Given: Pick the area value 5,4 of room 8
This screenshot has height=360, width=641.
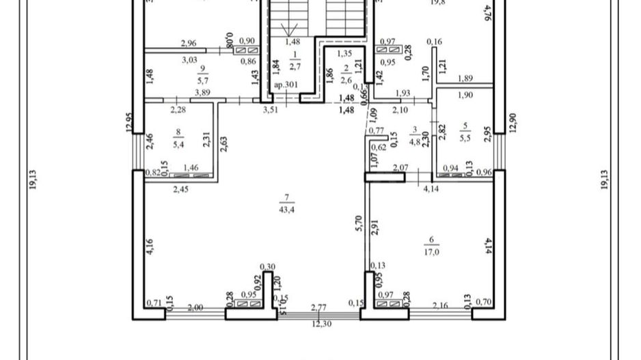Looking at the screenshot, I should click(178, 144).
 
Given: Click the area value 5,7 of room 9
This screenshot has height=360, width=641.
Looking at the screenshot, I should click(202, 79).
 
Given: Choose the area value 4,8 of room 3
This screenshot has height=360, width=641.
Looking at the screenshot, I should click(414, 143).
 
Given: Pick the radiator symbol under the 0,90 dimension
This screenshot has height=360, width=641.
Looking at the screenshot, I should click(247, 51).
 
